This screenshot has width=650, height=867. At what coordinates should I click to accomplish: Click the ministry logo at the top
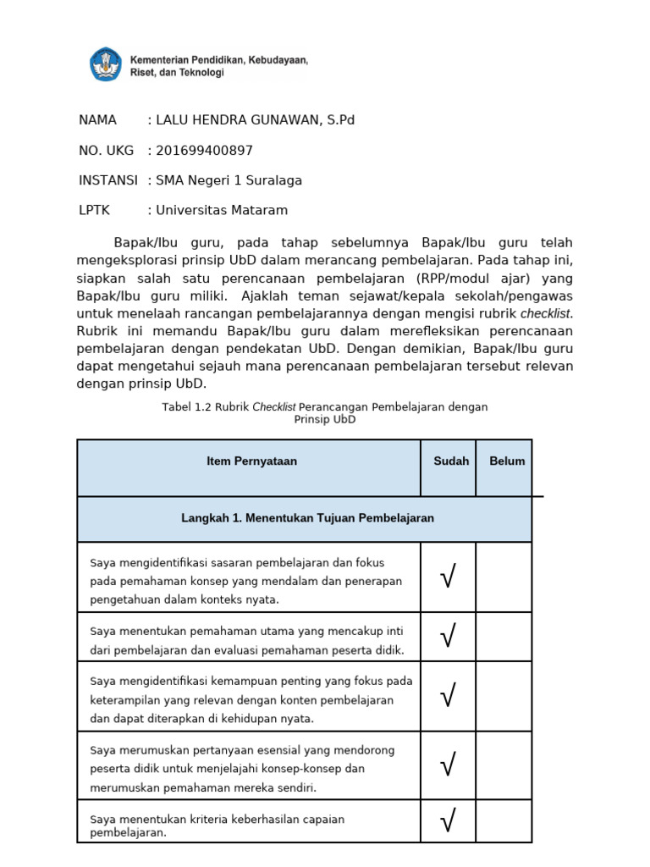[106, 65]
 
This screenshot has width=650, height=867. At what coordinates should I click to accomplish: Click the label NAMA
[97, 120]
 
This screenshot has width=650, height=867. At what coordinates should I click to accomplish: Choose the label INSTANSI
[107, 180]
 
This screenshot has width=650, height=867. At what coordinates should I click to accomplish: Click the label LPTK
[94, 210]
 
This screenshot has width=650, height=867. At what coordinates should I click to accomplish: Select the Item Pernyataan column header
[252, 461]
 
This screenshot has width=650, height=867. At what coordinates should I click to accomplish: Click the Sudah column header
[451, 461]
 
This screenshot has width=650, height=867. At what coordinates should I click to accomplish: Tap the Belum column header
[507, 461]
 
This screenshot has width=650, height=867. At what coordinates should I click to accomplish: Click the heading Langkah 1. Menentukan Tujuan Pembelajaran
[307, 518]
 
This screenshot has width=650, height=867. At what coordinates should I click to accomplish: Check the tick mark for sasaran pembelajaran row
[449, 578]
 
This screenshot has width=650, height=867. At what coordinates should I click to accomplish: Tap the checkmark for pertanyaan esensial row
[449, 766]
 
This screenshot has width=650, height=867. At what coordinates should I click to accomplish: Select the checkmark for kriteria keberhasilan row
[449, 820]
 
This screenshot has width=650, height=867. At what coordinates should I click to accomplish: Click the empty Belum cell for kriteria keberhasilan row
[504, 821]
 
